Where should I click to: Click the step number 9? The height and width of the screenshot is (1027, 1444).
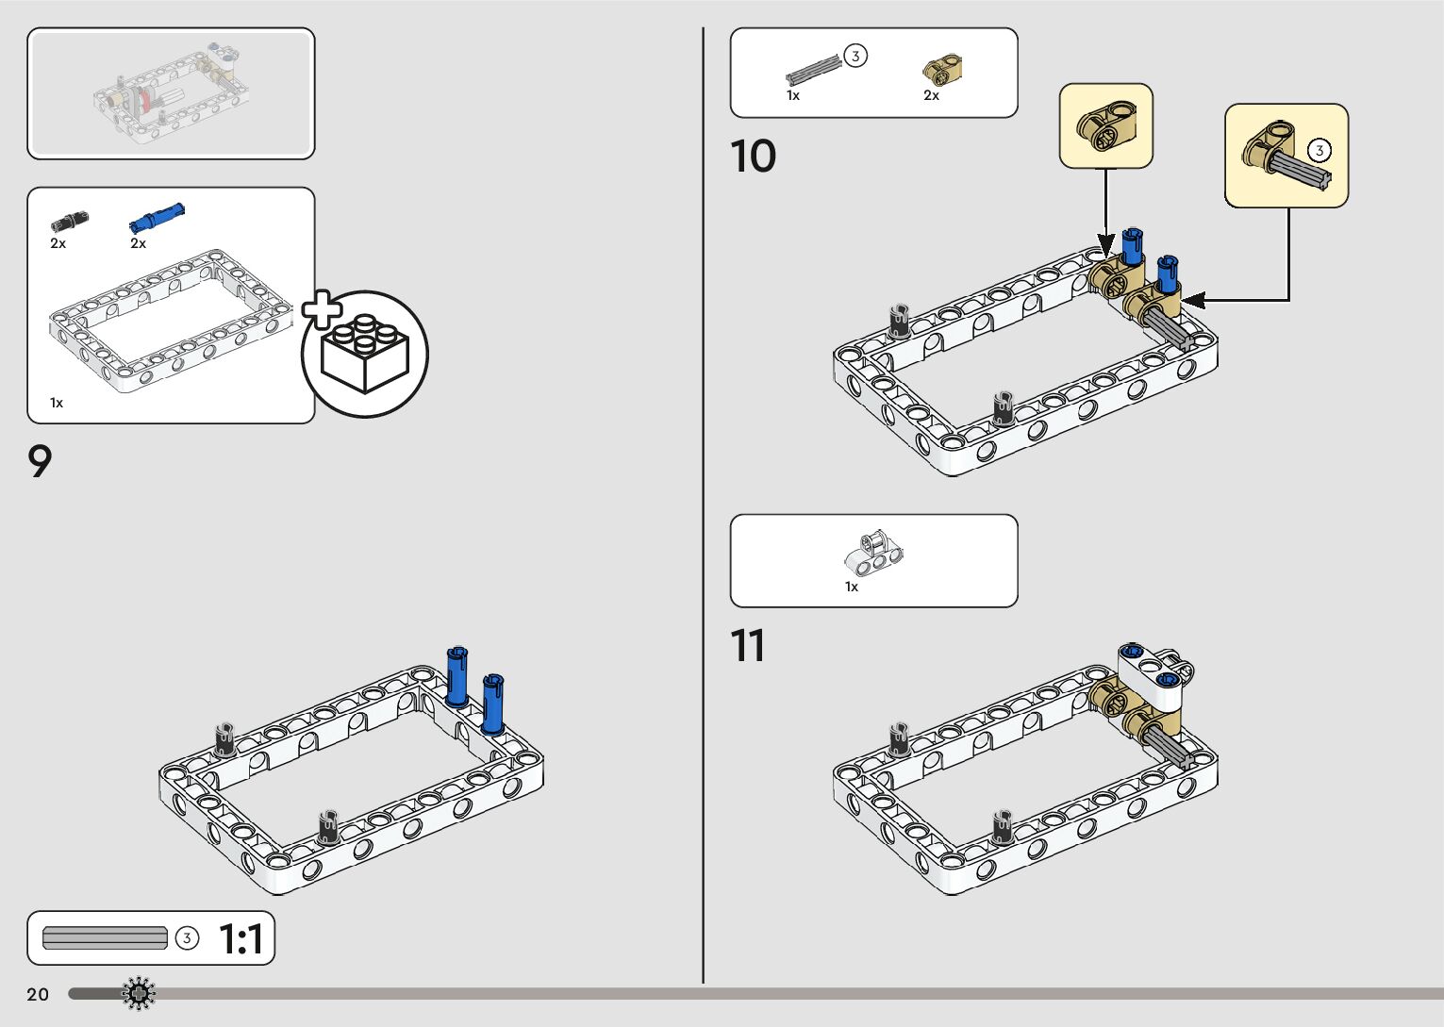point(40,462)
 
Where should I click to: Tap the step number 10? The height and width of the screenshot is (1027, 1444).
point(753,157)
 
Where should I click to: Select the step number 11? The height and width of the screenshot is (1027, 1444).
point(747,647)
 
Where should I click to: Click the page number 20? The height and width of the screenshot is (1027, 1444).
point(38,994)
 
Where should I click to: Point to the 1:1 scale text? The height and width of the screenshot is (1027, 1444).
point(241,939)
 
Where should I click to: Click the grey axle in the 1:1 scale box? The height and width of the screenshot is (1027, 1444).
point(105,938)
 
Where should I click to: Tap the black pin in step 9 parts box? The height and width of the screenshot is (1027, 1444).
point(69,222)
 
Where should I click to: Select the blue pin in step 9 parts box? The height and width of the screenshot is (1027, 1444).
point(157,218)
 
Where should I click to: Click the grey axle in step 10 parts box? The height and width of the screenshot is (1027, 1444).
point(813,71)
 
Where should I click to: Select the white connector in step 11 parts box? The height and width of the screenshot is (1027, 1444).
point(873,554)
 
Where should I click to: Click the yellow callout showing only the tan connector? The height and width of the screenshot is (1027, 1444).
point(1105,125)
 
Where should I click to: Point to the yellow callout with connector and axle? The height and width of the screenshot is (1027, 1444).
point(1286,156)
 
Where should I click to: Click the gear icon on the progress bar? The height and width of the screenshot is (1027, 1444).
point(140,993)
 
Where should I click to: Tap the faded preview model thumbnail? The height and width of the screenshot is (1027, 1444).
point(171,93)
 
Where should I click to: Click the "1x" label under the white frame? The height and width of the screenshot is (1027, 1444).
point(57,403)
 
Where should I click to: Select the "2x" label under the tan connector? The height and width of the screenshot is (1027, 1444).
point(931,95)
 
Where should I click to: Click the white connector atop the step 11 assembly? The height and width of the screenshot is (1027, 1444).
point(1155,676)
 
